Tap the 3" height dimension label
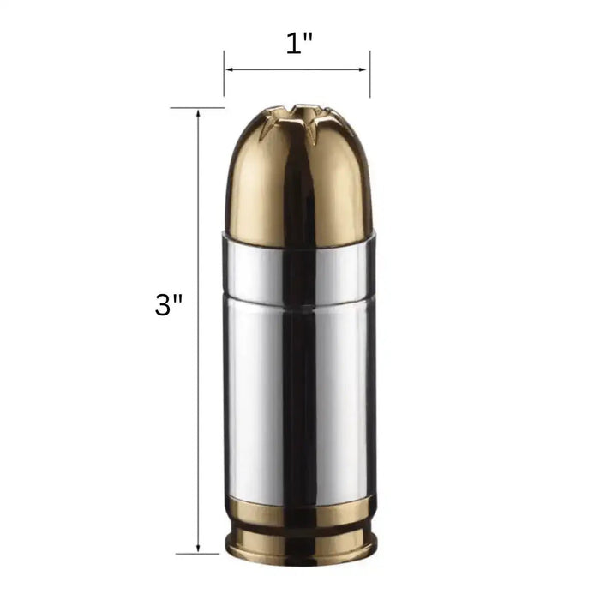coord(169,304)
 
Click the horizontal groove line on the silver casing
coord(257,289)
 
